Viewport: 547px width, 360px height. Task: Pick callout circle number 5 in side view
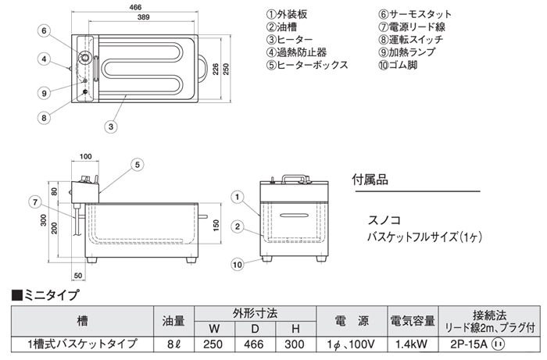[136, 164]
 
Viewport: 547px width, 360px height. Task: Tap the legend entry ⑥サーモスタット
[416, 15]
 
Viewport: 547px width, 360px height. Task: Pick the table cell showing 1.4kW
[410, 344]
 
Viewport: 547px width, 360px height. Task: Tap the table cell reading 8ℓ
[174, 344]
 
